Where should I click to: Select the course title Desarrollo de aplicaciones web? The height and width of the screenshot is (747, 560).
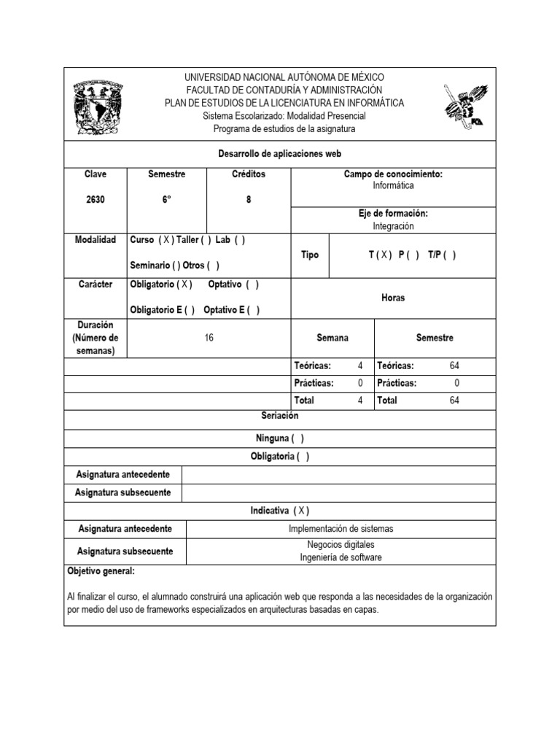280,154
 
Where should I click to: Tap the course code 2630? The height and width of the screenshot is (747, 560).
95,200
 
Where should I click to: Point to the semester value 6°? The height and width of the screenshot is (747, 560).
166,200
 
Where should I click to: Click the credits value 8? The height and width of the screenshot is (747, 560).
248,200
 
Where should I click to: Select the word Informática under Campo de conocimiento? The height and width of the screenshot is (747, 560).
393,186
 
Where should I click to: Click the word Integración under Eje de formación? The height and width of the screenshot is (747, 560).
393,226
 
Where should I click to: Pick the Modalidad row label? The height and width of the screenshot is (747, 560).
95,240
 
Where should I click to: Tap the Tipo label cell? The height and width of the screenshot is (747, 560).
310,255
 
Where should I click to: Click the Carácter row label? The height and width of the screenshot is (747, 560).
95,285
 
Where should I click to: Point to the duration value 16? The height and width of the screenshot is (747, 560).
209,338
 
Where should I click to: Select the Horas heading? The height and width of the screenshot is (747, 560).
393,298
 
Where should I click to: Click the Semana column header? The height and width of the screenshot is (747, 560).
332,338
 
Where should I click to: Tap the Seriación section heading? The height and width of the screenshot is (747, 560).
280,416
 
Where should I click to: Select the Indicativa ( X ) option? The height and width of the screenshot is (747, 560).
280,511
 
